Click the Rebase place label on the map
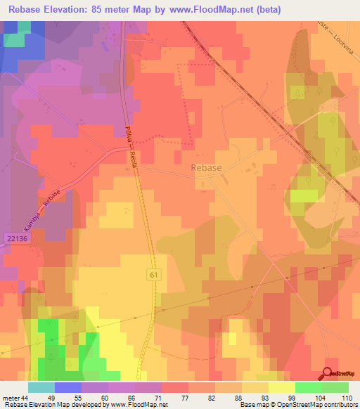pos(206,168)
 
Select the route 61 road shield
pos(154,275)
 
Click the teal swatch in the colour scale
pos(41,387)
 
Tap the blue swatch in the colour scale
pos(67,387)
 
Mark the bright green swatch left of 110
pos(335,387)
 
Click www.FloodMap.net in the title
pos(224,9)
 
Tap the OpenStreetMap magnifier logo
pos(328,373)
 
